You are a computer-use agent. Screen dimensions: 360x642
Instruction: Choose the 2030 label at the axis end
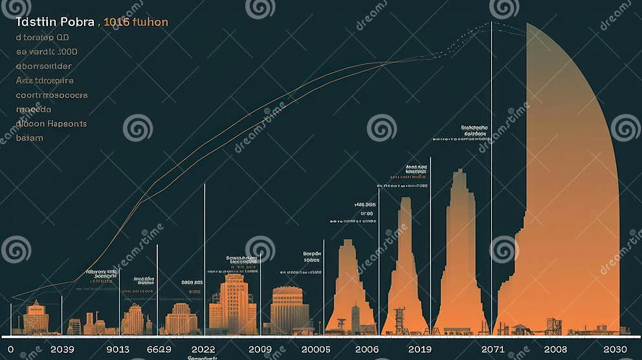pyautogui.click(x=615, y=349)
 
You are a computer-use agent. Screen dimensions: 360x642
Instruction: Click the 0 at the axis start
pyautogui.click(x=10, y=349)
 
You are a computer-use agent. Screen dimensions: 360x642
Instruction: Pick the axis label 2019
pyautogui.click(x=420, y=349)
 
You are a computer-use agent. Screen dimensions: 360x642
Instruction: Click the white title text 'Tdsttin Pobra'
pyautogui.click(x=55, y=23)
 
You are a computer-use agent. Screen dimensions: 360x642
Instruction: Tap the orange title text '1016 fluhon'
pyautogui.click(x=135, y=23)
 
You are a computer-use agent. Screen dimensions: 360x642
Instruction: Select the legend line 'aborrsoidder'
pyautogui.click(x=43, y=66)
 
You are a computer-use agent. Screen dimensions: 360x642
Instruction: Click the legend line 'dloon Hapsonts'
pyautogui.click(x=51, y=123)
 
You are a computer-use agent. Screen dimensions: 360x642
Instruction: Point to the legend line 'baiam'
pyautogui.click(x=29, y=137)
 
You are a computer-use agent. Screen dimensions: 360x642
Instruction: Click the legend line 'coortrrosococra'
pyautogui.click(x=52, y=95)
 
